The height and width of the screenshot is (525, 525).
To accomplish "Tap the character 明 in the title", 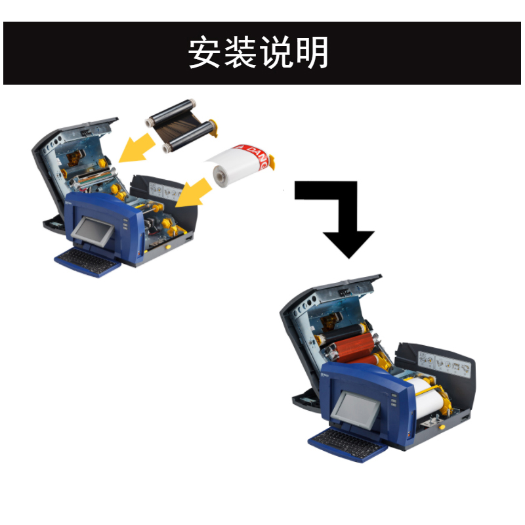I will (312, 52).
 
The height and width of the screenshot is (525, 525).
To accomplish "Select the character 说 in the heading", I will (276, 52).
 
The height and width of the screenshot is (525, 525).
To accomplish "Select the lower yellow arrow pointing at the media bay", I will (196, 194).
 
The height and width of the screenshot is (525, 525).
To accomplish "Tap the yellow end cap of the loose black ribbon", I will (215, 125).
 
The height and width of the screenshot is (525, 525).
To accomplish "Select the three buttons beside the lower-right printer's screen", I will (392, 401).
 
